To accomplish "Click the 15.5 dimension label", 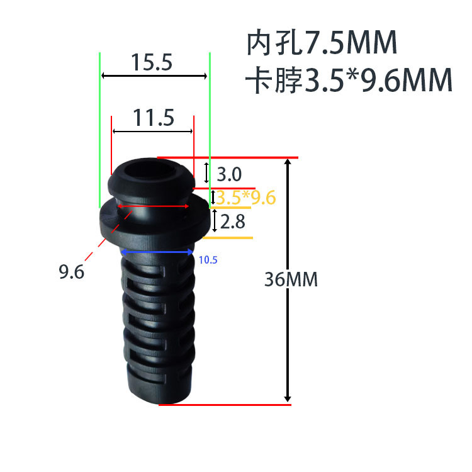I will pos(152,63).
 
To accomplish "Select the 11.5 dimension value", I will pos(153,118).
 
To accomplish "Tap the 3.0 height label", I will pos(229,173).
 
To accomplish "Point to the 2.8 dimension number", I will pos(231,222).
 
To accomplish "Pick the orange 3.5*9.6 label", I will pos(246,198).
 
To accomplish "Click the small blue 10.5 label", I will pos(208,259).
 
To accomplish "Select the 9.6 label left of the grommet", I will pos(72,273).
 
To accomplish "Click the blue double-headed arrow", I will pos(157,252).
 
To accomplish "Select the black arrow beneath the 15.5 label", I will pos(154,76).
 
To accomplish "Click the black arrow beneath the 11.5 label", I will pos(152,131).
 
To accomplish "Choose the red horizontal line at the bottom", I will pos(225,405).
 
